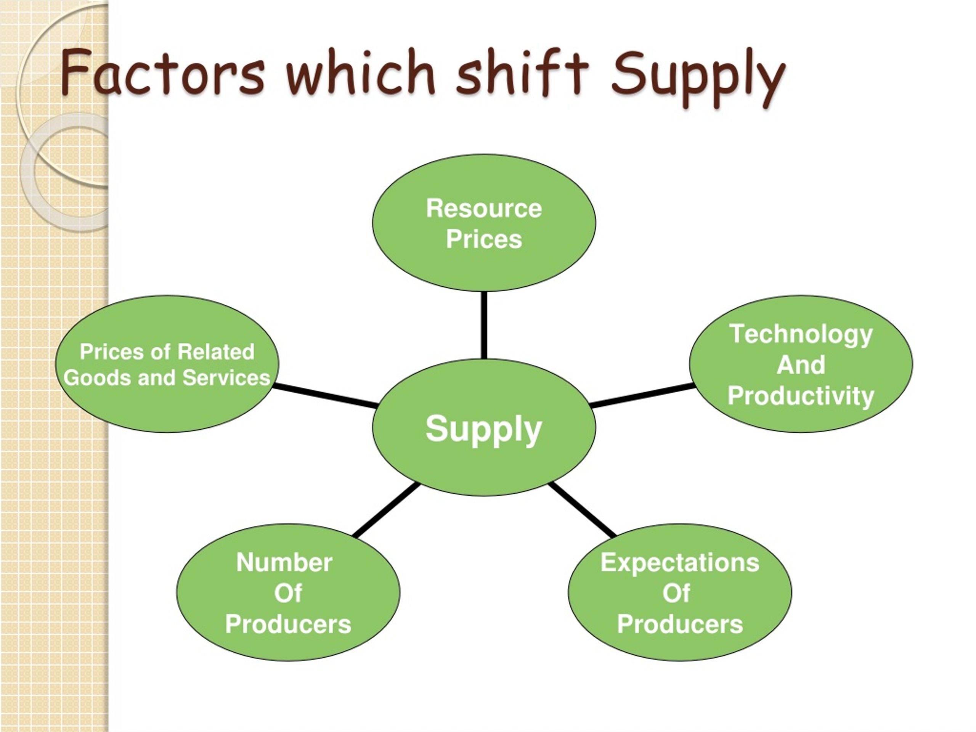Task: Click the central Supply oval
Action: [484, 427]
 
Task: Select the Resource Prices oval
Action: [484, 222]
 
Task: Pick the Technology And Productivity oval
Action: [801, 364]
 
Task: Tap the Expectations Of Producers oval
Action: [680, 592]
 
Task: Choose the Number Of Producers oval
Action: [288, 592]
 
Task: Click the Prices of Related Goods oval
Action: [167, 364]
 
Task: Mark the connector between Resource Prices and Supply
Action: [484, 325]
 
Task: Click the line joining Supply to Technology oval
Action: [642, 395]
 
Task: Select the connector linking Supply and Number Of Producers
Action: [387, 510]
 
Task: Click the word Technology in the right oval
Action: [801, 334]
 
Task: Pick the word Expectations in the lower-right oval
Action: [680, 563]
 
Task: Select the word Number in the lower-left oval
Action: [284, 563]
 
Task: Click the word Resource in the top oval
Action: [484, 208]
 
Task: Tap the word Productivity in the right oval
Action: [801, 396]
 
